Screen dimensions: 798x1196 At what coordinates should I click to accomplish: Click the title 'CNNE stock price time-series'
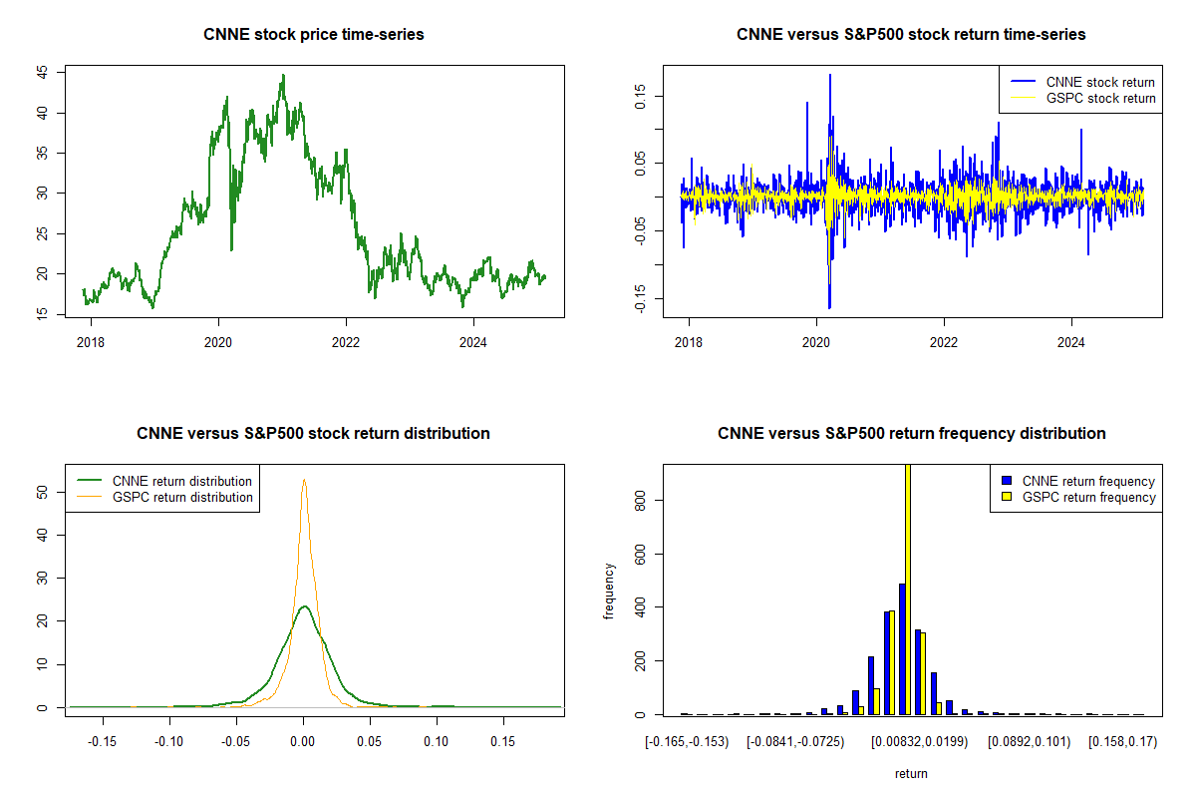[x=314, y=35]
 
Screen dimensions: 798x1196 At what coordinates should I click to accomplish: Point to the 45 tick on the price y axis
[x=42, y=73]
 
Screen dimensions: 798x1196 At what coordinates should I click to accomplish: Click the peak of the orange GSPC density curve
[x=304, y=480]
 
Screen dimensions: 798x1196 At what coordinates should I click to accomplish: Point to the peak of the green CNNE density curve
[x=303, y=605]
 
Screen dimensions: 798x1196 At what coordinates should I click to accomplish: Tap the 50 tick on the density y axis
[x=42, y=492]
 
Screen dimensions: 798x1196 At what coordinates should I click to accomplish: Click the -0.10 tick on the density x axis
[x=169, y=742]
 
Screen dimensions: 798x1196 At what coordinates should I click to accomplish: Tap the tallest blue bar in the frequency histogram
[x=901, y=648]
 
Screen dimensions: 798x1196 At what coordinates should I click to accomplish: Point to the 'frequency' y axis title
[x=610, y=591]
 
